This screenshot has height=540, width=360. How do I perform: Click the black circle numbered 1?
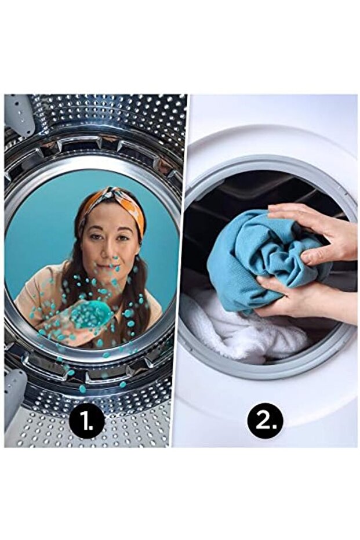point(86,421)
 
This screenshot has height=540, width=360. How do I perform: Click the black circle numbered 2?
point(265,420)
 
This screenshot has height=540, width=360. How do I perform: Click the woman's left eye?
point(122,238)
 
